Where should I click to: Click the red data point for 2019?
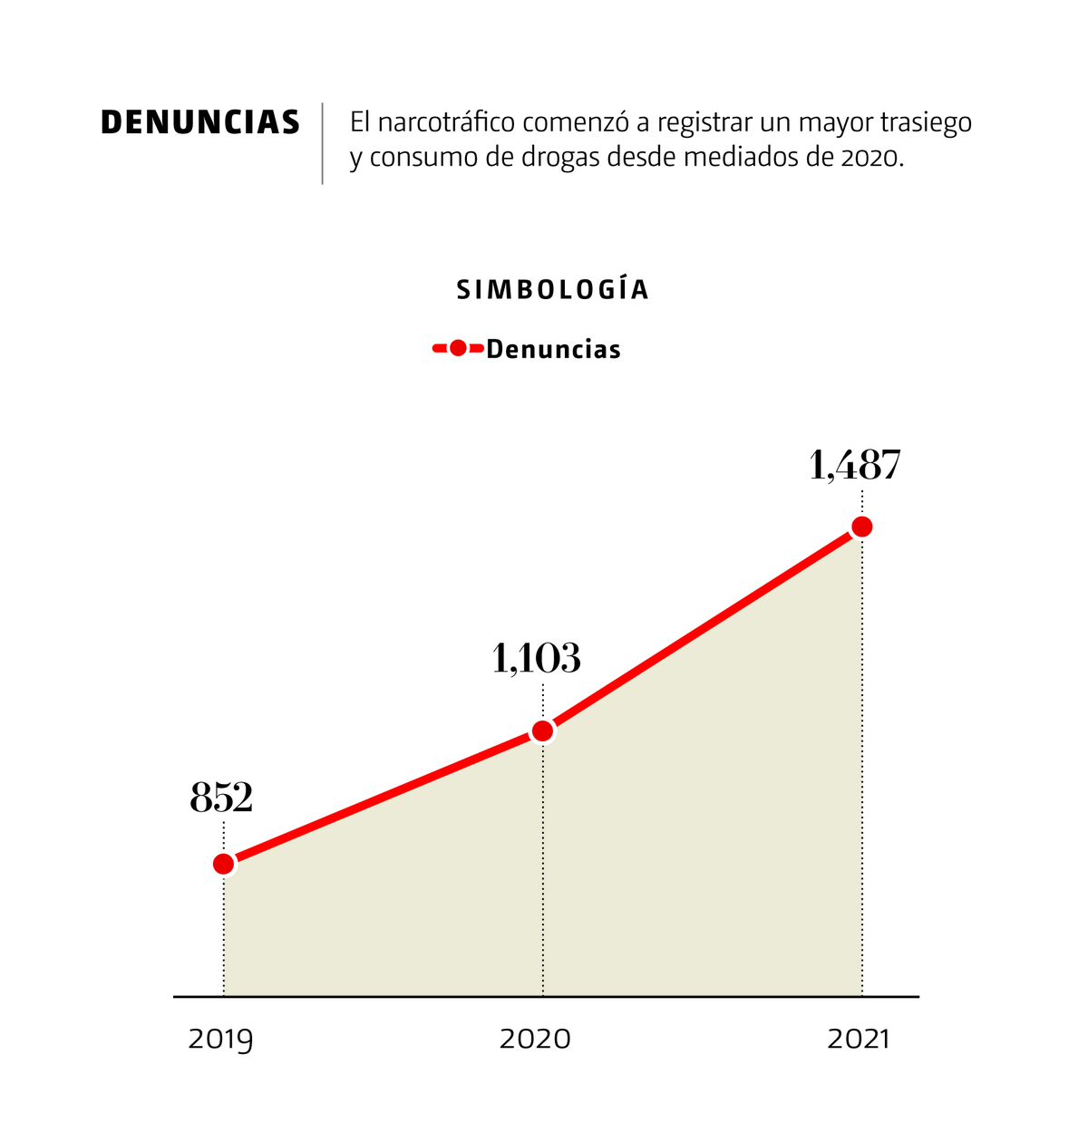pyautogui.click(x=224, y=864)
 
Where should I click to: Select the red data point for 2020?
pyautogui.click(x=542, y=731)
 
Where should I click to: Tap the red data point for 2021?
pyautogui.click(x=862, y=527)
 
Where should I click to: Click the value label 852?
pyautogui.click(x=221, y=798)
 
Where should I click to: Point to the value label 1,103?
pyautogui.click(x=536, y=659)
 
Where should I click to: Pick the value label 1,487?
pyautogui.click(x=855, y=465)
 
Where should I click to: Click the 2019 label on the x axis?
pyautogui.click(x=220, y=1039)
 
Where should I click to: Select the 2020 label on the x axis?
pyautogui.click(x=535, y=1039)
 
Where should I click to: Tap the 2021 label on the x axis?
pyautogui.click(x=859, y=1039)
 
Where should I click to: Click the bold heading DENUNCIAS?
pyautogui.click(x=200, y=122)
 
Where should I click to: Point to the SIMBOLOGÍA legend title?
pyautogui.click(x=553, y=290)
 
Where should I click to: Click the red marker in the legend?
pyautogui.click(x=458, y=348)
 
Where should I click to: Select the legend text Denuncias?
pyautogui.click(x=553, y=349)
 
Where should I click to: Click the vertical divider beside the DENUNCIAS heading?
pyautogui.click(x=322, y=143)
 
